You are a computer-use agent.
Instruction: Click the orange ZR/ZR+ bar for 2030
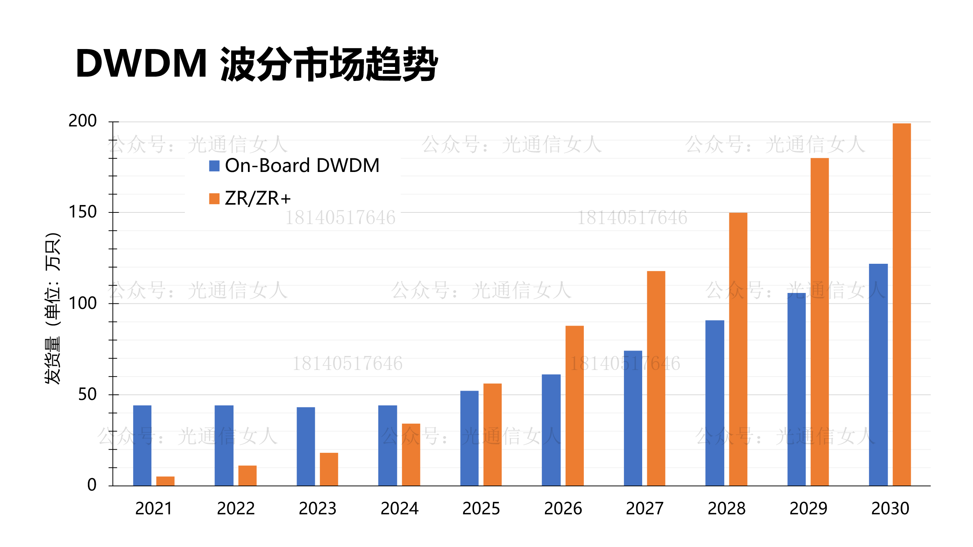(x=901, y=304)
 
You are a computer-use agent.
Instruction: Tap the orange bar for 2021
(x=165, y=481)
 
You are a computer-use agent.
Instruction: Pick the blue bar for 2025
(x=469, y=438)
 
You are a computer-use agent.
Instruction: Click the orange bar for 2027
(x=656, y=378)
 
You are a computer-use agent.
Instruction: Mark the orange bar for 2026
(x=574, y=405)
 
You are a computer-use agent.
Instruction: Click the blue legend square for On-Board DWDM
(x=214, y=166)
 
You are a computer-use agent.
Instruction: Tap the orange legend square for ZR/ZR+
(x=214, y=198)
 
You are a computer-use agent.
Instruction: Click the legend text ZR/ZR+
(x=258, y=198)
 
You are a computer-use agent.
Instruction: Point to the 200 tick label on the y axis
(x=83, y=121)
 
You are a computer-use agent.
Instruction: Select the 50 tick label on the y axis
(x=87, y=394)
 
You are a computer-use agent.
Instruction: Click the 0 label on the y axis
(x=92, y=485)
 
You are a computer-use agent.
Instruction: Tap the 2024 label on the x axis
(x=399, y=509)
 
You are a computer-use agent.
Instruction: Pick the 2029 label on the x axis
(x=808, y=509)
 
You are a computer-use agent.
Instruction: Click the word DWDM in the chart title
(x=141, y=63)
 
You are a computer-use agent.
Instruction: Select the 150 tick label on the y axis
(x=83, y=212)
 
